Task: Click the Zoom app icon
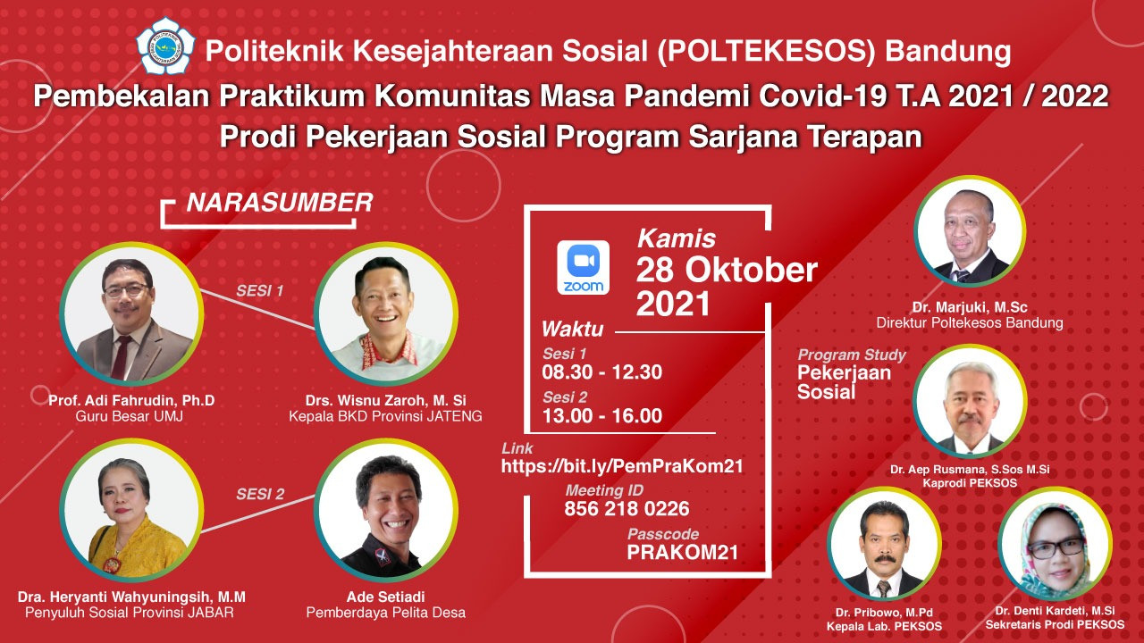pos(583,267)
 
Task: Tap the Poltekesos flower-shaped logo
pos(165,46)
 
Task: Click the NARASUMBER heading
pos(280,203)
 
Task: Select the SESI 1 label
pos(259,291)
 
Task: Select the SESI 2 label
pos(260,494)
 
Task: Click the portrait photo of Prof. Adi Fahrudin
pos(131,313)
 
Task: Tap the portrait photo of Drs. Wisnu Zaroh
pos(386,313)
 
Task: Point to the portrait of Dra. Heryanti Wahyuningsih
pos(131,511)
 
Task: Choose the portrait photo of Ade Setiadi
pos(386,511)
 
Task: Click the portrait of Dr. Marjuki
pos(970,231)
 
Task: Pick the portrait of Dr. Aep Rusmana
pos(970,401)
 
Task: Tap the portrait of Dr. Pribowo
pos(884,544)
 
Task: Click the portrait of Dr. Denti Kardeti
pos(1056,544)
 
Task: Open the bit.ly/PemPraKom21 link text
pos(622,466)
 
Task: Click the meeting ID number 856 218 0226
pos(627,509)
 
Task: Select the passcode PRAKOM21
pos(683,553)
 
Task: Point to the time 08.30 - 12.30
pos(602,372)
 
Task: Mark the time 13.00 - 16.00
pos(602,416)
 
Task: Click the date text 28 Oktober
pos(727,270)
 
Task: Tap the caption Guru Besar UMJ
pos(130,416)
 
